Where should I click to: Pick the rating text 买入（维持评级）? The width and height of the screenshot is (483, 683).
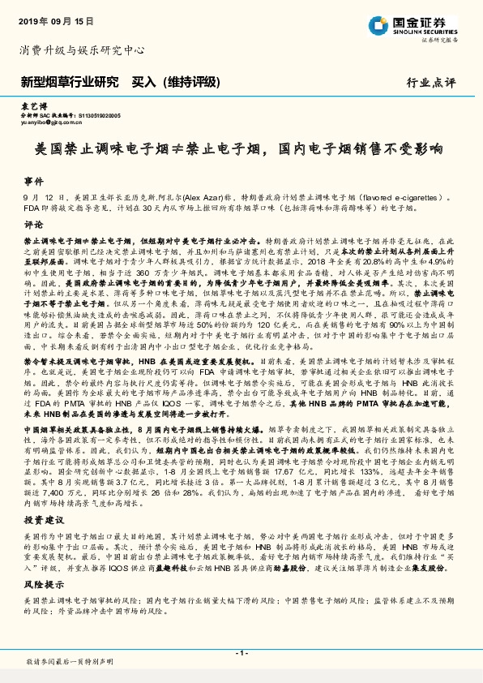pyautogui.click(x=180, y=82)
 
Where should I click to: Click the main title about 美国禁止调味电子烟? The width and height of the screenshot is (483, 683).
pyautogui.click(x=241, y=149)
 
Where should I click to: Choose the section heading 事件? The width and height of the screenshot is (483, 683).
pyautogui.click(x=33, y=182)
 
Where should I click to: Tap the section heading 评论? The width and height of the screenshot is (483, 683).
pyautogui.click(x=33, y=224)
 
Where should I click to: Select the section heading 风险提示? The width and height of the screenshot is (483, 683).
pyautogui.click(x=41, y=584)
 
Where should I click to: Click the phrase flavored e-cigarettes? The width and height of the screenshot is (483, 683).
pyautogui.click(x=412, y=198)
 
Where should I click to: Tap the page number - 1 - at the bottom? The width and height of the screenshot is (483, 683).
pyautogui.click(x=241, y=653)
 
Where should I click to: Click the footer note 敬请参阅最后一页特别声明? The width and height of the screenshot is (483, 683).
pyautogui.click(x=70, y=663)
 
